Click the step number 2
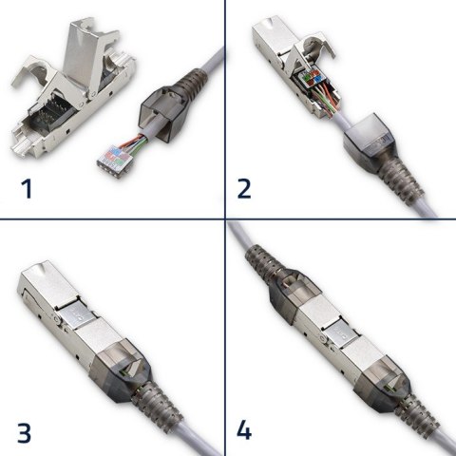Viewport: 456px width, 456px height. click(244, 187)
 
